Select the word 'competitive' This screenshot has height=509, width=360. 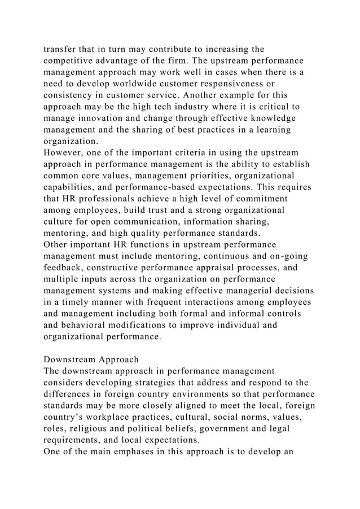(72, 60)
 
